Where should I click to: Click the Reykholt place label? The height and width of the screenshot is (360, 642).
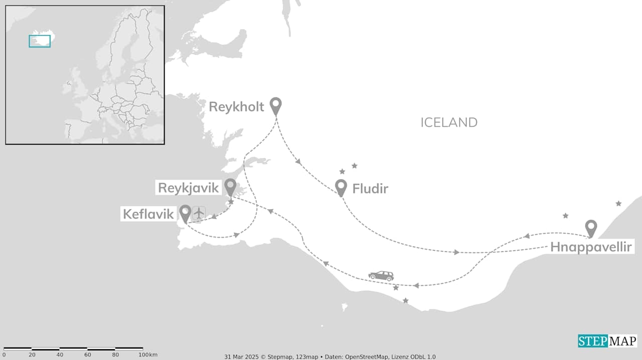236,107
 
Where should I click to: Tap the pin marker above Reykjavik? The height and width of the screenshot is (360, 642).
230,187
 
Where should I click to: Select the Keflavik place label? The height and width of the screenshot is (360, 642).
148,215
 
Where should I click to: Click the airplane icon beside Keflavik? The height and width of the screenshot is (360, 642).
199,213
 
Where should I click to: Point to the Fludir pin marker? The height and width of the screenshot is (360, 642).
341,187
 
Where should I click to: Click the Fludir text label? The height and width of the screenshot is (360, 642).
370,189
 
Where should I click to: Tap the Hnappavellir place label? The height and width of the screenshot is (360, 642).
591,247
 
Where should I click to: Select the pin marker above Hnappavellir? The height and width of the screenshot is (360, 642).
591,228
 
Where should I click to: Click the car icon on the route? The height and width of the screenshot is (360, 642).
381,276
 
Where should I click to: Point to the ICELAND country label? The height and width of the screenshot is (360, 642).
449,122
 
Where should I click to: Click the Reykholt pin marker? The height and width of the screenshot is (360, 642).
275,105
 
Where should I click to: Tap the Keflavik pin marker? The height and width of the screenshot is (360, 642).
185,213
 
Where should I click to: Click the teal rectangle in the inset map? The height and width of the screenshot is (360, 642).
40,41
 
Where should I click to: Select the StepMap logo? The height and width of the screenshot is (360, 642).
607,341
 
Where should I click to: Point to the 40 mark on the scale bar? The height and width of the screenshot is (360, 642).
60,355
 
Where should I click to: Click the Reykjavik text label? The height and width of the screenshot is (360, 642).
189,188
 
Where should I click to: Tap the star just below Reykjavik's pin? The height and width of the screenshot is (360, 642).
231,202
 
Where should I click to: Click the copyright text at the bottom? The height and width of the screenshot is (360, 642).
330,356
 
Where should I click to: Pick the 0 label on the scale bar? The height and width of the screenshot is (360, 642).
4,355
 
